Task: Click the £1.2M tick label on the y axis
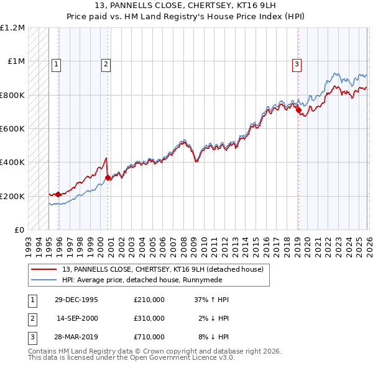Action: coord(12,28)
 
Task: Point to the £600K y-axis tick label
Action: coord(12,129)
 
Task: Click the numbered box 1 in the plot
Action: coord(56,63)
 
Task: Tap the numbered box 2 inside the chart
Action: coord(106,63)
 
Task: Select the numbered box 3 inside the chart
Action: coord(297,63)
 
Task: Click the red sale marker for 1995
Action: coord(58,194)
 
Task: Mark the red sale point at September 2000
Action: coord(108,177)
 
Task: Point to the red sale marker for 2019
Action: coord(298,110)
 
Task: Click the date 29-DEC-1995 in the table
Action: coord(76,300)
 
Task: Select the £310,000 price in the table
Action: coord(149,318)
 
